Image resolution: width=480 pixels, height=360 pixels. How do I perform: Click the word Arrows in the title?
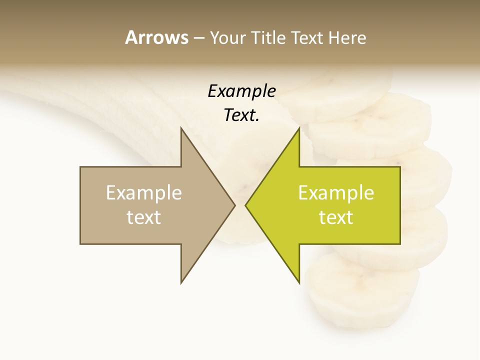[x=156, y=37]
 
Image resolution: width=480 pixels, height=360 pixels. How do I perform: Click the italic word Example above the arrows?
[x=241, y=91]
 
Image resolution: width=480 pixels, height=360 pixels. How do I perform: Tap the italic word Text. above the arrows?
[x=241, y=115]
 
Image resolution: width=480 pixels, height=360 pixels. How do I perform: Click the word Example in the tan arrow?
[x=144, y=193]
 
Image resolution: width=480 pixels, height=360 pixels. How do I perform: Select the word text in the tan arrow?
[x=144, y=217]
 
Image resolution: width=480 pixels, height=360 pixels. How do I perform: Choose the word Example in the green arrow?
[x=336, y=193]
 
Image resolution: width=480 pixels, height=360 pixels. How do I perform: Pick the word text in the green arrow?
[x=336, y=217]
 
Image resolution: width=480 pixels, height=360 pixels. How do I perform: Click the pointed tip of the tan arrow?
[x=234, y=205]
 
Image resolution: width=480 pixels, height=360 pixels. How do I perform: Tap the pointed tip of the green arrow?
[x=246, y=205]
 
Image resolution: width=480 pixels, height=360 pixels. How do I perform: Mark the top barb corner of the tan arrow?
[x=181, y=128]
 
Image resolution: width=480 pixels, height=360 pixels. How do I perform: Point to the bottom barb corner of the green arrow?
[x=299, y=283]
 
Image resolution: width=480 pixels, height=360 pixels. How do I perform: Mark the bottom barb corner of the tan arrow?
[x=181, y=283]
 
